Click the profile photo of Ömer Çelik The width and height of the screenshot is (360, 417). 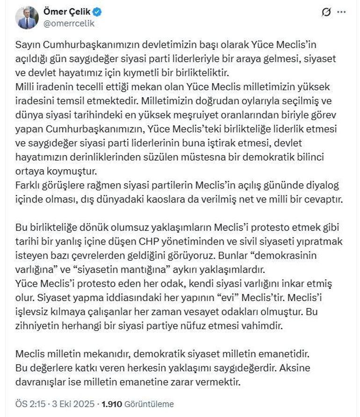(x=27, y=17)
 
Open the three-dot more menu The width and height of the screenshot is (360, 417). (x=341, y=12)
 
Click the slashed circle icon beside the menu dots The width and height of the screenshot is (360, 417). (x=326, y=12)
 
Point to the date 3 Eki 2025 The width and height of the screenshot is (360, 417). (x=75, y=404)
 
